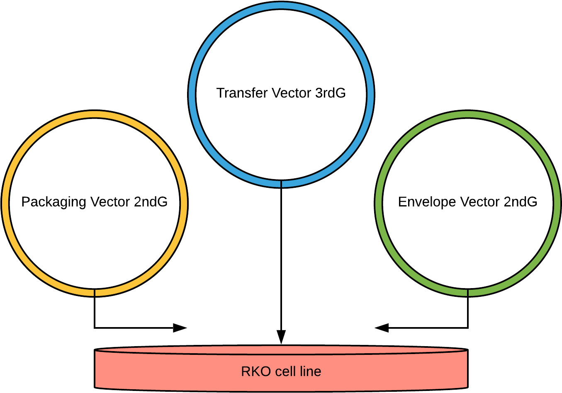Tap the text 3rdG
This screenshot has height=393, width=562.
click(331, 93)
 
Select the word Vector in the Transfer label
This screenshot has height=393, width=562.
click(292, 93)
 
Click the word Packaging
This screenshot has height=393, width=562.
click(54, 202)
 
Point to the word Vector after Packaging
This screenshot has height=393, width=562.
click(110, 202)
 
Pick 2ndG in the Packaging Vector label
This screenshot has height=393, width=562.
click(151, 202)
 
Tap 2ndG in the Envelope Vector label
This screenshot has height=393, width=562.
click(521, 202)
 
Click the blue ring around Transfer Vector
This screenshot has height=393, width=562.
click(192, 95)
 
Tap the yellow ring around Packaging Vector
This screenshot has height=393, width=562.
click(5, 203)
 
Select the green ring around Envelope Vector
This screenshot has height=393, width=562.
click(557, 203)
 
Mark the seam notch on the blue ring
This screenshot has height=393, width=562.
click(281, 184)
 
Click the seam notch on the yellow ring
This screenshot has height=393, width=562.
click(95, 292)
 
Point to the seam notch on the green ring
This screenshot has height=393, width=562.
click(468, 292)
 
